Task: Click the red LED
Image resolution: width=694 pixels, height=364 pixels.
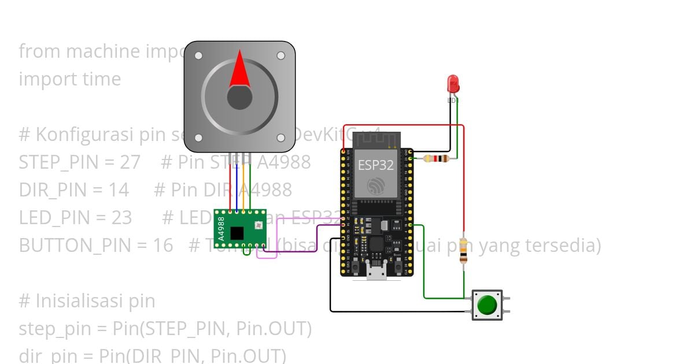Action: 453,84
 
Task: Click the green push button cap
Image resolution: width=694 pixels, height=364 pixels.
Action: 488,304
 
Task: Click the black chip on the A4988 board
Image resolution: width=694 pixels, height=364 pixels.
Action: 237,233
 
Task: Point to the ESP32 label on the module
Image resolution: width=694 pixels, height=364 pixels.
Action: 375,165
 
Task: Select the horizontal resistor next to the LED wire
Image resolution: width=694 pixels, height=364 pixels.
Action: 437,159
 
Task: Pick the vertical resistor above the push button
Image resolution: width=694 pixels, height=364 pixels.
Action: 463,250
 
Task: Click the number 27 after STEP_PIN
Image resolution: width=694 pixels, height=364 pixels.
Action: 130,162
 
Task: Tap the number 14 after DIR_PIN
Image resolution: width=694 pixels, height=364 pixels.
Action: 119,190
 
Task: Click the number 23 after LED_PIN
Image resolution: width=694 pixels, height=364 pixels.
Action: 121,218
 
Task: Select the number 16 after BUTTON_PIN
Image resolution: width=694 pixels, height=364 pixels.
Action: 163,246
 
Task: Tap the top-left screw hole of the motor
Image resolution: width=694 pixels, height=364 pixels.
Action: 198,55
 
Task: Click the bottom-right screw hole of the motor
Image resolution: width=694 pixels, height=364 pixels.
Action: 281,138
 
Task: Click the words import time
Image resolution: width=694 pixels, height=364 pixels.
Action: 70,79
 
